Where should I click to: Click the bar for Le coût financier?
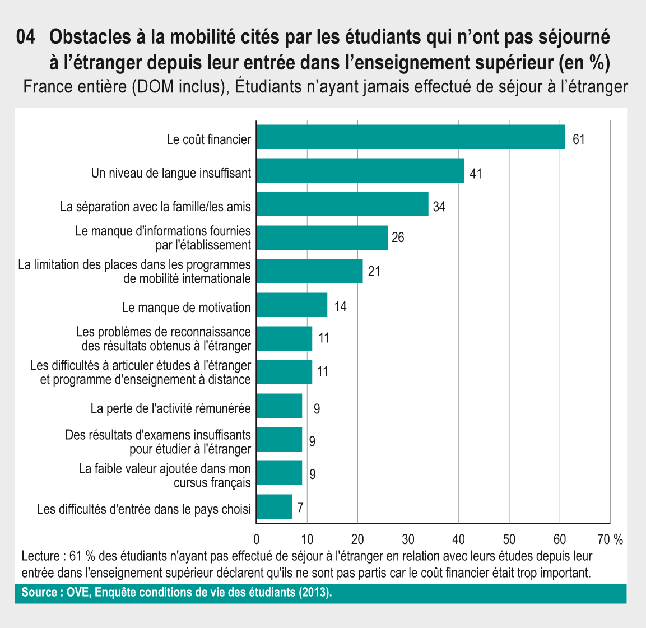tap(410, 137)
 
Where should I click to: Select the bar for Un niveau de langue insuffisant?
tap(360, 171)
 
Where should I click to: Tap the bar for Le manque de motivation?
tap(291, 305)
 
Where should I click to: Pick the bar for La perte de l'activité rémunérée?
tap(279, 406)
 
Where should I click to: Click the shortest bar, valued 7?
tap(274, 507)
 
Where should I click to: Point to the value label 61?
tap(578, 139)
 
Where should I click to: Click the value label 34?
tap(439, 207)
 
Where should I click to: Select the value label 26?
tap(398, 238)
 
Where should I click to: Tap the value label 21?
tap(374, 272)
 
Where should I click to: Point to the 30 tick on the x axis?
tap(408, 539)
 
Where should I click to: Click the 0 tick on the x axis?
tap(257, 539)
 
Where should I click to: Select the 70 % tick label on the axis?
tap(610, 539)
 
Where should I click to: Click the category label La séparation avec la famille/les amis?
tap(155, 207)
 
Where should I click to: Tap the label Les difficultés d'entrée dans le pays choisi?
tap(144, 509)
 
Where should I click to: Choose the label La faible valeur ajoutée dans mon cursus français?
tap(165, 475)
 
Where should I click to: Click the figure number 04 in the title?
tap(26, 38)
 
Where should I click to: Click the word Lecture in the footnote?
tap(40, 557)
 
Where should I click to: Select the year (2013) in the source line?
tap(315, 593)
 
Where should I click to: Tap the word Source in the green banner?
tap(39, 593)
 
